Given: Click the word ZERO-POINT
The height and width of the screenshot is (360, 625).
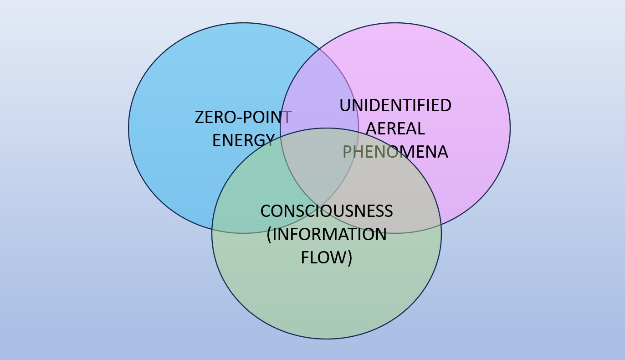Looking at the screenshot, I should [243, 117].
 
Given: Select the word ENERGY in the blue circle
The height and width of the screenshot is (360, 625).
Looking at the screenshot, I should [243, 140].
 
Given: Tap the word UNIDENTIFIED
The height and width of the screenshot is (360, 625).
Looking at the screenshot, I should [395, 105].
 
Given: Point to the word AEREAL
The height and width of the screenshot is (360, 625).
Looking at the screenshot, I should [395, 129].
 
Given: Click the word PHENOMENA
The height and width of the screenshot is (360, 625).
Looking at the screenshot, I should [395, 152].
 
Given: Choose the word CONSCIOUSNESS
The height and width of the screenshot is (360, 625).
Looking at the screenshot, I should [326, 211].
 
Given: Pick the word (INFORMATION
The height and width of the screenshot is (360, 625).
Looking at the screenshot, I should [326, 234].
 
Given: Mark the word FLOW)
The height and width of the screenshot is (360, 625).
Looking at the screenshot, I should [326, 257].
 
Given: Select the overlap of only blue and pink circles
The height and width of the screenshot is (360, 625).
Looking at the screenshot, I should [319, 91].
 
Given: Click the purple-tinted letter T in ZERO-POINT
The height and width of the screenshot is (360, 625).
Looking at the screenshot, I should [287, 117].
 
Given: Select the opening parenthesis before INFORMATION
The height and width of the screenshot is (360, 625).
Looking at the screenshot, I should [269, 235].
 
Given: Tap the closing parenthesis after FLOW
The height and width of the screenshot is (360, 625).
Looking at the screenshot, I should [349, 258].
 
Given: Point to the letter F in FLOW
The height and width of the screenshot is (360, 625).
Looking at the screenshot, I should [305, 257].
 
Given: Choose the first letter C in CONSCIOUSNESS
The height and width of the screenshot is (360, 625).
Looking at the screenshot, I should [266, 211].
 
